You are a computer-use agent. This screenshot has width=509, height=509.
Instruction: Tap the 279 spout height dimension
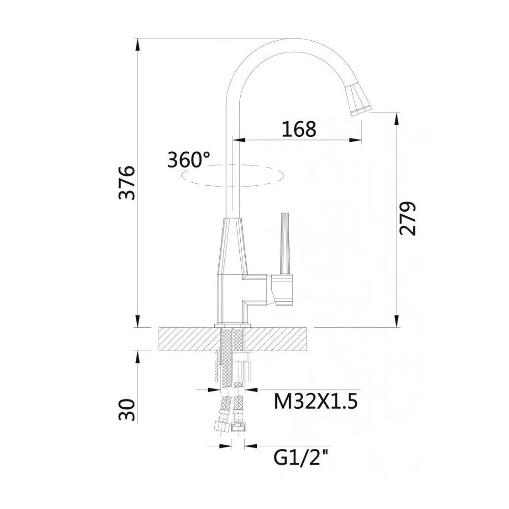(x=408, y=218)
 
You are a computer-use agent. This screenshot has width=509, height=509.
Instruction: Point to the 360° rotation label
(x=188, y=160)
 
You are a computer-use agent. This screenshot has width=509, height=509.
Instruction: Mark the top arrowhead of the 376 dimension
(x=137, y=43)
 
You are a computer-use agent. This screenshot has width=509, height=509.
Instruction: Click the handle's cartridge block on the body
(x=282, y=289)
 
